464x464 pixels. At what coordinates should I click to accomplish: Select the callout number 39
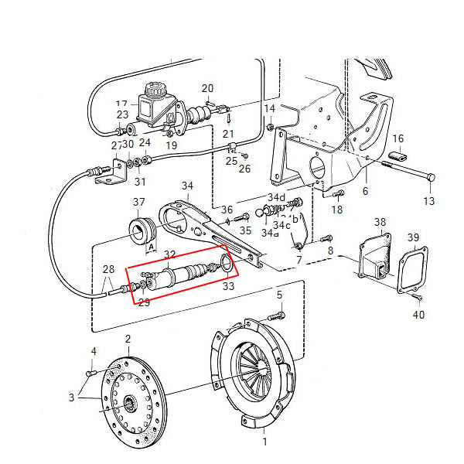(414, 237)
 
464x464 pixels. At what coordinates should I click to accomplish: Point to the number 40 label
(418, 314)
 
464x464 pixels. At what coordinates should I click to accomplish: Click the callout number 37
(138, 203)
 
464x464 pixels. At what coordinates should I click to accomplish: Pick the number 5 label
(279, 295)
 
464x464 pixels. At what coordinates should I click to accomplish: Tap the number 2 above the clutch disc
(128, 339)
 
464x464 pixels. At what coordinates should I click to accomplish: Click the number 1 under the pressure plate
(264, 442)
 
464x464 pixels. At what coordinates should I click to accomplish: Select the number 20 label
(207, 88)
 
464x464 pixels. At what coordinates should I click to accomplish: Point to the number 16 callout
(398, 139)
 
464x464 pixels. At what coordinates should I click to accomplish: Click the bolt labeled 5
(275, 316)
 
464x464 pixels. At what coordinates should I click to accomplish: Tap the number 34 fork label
(187, 186)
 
